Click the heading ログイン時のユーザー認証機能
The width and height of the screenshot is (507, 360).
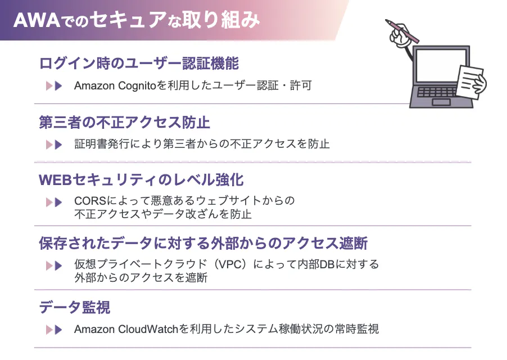(x=139, y=63)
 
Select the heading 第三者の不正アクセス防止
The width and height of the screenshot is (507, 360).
(x=124, y=122)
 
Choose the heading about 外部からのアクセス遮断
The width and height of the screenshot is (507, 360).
(x=203, y=244)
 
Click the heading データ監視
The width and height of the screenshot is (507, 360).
(x=74, y=307)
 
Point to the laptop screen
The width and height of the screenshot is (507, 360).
(x=441, y=66)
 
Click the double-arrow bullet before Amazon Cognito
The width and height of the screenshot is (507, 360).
(x=54, y=86)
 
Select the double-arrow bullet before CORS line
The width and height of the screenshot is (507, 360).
(x=54, y=201)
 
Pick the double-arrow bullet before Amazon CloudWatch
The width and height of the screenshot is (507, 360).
(x=54, y=329)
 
